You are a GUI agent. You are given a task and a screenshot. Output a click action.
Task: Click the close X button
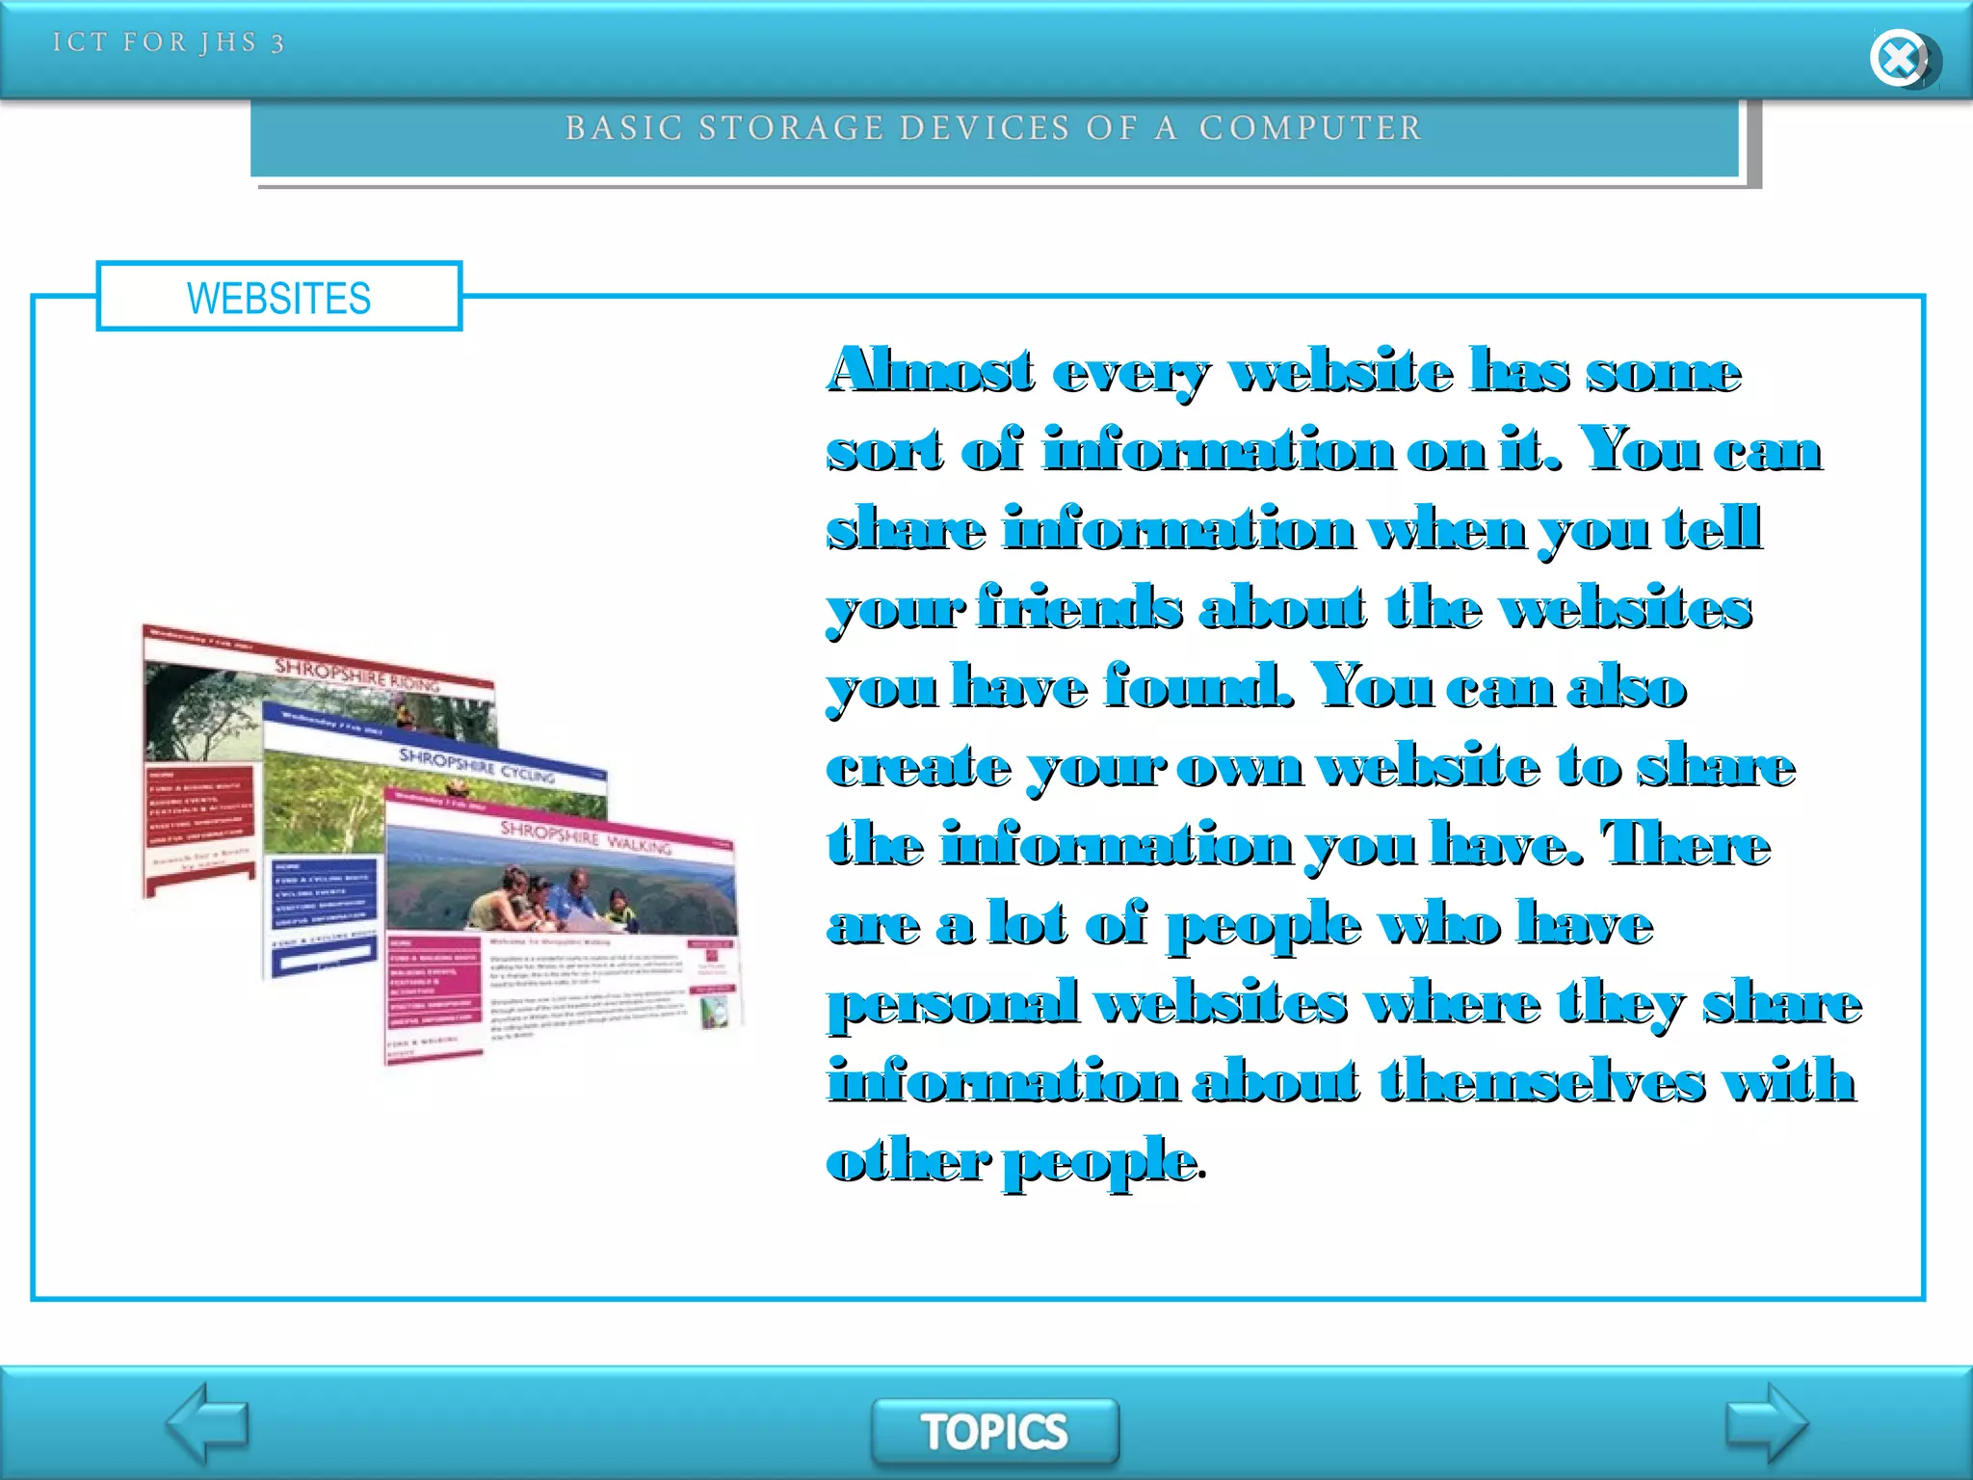click(1899, 58)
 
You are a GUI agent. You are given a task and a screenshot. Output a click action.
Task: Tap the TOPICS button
click(994, 1431)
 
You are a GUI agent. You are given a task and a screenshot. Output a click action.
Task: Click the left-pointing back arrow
click(207, 1423)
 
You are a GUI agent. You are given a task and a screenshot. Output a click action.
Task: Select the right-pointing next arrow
click(1765, 1423)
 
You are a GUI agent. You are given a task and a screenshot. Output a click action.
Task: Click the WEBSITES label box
click(278, 297)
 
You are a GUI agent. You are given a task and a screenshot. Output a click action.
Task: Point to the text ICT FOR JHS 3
click(169, 42)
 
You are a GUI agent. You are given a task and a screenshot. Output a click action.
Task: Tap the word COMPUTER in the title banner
click(1310, 128)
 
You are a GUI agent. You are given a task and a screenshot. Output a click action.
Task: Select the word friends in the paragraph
click(1079, 607)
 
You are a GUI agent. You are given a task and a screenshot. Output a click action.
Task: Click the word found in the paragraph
click(1197, 686)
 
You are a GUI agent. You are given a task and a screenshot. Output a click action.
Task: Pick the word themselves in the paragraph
click(1541, 1081)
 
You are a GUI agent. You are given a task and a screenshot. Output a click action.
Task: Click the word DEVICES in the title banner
click(983, 128)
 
